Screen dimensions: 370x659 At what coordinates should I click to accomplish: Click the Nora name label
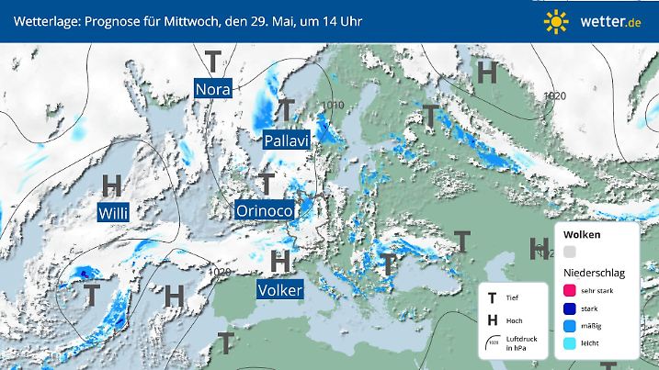213,90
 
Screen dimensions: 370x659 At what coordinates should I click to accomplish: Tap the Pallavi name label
286,140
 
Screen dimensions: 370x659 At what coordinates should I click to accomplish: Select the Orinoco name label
265,211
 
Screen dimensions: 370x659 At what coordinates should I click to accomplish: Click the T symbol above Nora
213,62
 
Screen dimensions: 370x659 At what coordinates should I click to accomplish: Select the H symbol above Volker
280,261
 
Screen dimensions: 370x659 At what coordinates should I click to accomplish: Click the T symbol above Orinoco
267,183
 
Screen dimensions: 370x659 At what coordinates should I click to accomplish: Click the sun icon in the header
555,21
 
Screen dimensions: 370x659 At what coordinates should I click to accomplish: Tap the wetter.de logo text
610,21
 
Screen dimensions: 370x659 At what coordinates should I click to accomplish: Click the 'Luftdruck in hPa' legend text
520,345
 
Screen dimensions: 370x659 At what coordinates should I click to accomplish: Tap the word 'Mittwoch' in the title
185,21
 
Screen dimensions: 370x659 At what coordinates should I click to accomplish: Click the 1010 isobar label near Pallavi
333,106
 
